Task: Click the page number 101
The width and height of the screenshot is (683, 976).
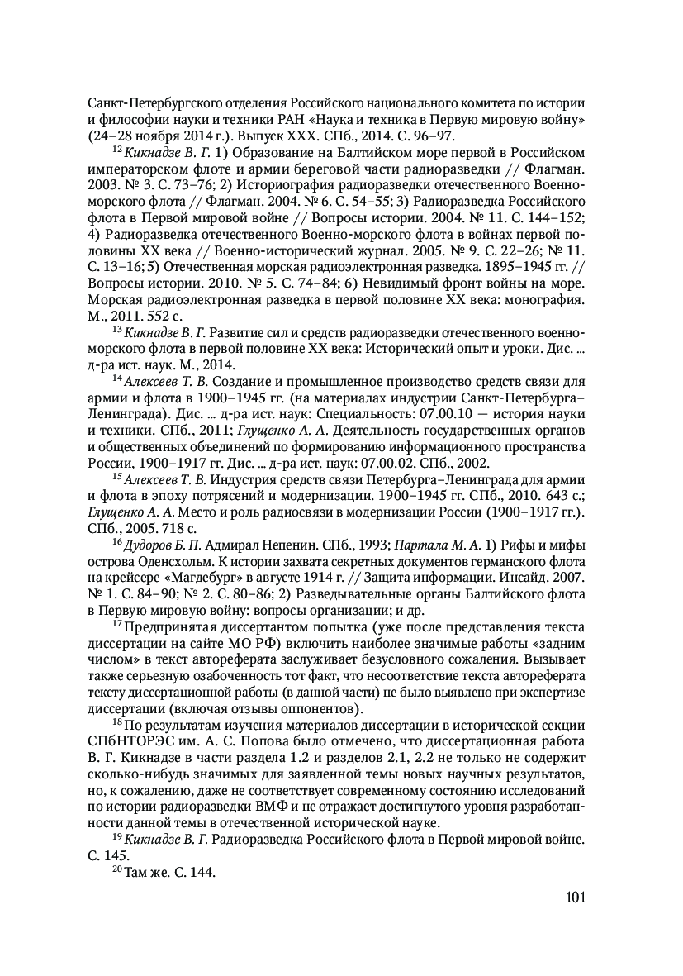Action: pyautogui.click(x=572, y=897)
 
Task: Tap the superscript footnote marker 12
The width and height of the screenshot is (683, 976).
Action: pyautogui.click(x=116, y=149)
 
